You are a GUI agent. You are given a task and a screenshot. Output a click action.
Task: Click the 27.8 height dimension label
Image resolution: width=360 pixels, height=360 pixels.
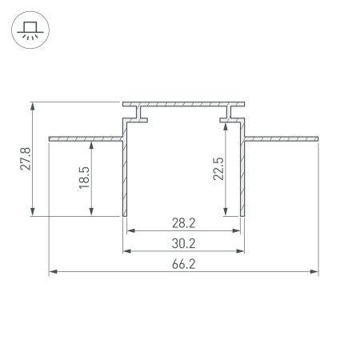[x=26, y=159]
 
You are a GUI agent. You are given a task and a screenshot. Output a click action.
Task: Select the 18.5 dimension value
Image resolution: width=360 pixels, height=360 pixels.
[x=84, y=178]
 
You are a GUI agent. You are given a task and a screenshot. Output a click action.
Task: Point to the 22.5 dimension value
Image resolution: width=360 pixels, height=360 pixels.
[x=218, y=169]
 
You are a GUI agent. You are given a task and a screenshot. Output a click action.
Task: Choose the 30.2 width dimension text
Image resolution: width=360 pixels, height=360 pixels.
[x=183, y=242]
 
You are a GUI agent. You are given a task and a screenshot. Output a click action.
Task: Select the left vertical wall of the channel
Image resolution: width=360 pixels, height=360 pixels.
[x=125, y=176]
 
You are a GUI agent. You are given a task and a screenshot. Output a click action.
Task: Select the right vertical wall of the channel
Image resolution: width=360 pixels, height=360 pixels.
[x=242, y=176]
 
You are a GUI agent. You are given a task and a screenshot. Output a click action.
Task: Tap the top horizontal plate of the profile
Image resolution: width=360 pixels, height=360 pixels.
[x=183, y=104]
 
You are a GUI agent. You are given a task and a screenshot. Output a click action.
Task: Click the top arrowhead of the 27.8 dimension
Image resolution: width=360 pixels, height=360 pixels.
[x=33, y=106]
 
